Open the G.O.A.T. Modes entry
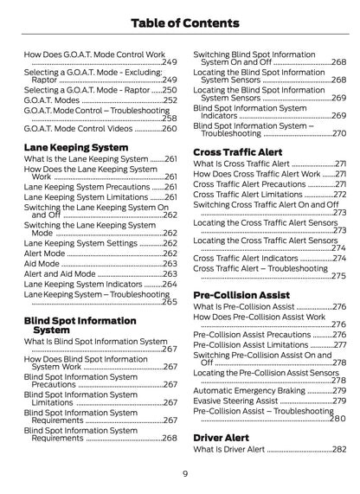pyautogui.click(x=52, y=100)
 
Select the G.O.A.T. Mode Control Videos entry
pyautogui.click(x=78, y=127)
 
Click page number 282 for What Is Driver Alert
pyautogui.click(x=338, y=451)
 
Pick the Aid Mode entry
pyautogui.click(x=42, y=263)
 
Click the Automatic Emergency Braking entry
pyautogui.click(x=251, y=391)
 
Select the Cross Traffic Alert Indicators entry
pyautogui.click(x=246, y=258)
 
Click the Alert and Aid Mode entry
pyautogui.click(x=59, y=273)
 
